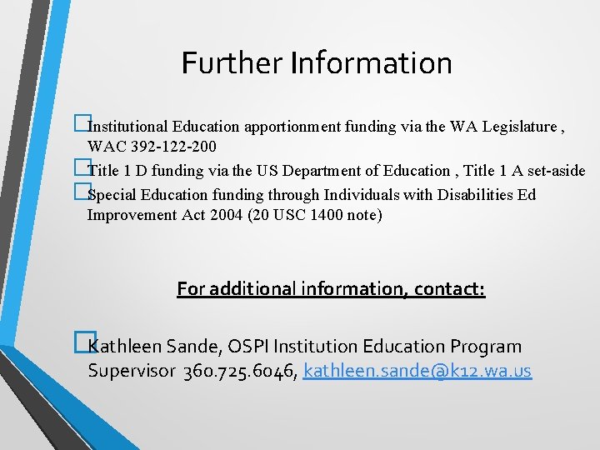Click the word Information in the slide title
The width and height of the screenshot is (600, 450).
(x=372, y=62)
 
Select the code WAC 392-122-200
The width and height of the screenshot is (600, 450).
(x=152, y=147)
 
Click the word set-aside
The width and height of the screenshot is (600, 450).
(x=555, y=171)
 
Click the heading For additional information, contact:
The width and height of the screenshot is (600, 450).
(x=331, y=289)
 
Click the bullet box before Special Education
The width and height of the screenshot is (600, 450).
(x=81, y=193)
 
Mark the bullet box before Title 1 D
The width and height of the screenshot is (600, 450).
(x=81, y=170)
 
